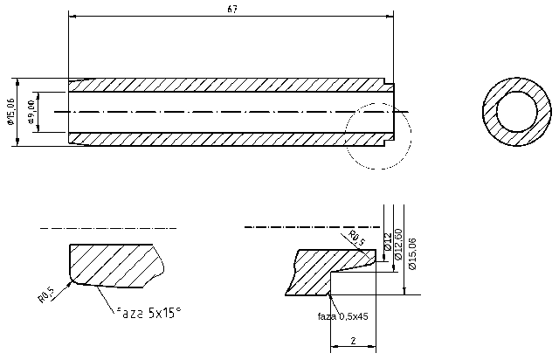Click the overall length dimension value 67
pyautogui.click(x=232, y=9)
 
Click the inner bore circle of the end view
pyautogui.click(x=518, y=112)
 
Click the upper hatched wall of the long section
pyautogui.click(x=227, y=84)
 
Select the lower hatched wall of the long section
pyautogui.click(x=227, y=139)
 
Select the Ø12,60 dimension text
pyautogui.click(x=398, y=246)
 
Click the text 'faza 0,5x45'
pyautogui.click(x=342, y=315)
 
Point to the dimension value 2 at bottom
pyautogui.click(x=352, y=341)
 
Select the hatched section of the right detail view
pyautogui.click(x=314, y=271)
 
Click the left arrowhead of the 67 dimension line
pyautogui.click(x=72, y=16)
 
